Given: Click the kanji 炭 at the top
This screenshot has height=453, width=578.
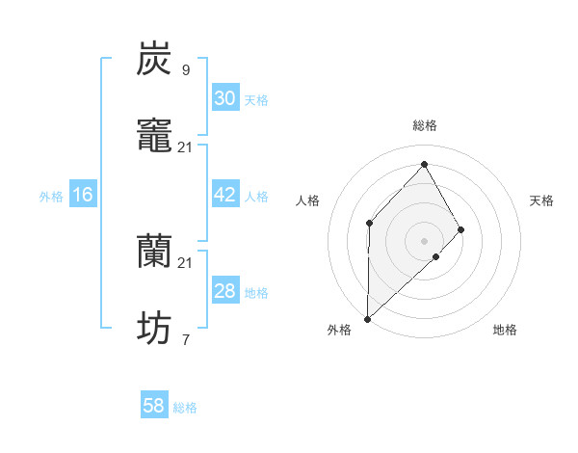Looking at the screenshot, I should click(154, 59).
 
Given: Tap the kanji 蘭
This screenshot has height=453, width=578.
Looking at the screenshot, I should click(154, 252).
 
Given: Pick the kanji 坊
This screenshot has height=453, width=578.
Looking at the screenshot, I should click(154, 329).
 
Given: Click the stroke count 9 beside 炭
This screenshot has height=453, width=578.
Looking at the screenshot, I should click(186, 69).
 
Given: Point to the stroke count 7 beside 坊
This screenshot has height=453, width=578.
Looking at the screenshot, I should click(186, 339).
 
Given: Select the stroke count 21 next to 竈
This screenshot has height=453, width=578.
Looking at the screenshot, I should click(186, 147).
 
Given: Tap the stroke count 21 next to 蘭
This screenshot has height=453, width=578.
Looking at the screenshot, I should click(186, 262).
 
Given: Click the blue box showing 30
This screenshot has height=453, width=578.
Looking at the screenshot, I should click(225, 98).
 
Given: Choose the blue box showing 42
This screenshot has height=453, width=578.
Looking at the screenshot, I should click(225, 195).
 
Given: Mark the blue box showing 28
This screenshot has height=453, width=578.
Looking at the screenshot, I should click(225, 291).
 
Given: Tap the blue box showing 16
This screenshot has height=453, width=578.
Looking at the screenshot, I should click(83, 195).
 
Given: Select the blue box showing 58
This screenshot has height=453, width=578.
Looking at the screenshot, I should click(154, 406).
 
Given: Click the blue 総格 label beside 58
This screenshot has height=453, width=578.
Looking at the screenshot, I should click(185, 408).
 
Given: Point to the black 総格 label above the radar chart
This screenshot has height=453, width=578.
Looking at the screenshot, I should click(425, 125).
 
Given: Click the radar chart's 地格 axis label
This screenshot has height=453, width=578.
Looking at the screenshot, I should click(505, 330).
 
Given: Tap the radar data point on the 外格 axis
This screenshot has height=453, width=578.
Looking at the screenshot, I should click(367, 318).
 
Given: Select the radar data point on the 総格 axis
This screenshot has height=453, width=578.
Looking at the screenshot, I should click(424, 164).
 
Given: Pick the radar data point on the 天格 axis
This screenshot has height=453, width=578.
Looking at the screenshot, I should click(461, 229).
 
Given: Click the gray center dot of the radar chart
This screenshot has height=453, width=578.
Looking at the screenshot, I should click(424, 241).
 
